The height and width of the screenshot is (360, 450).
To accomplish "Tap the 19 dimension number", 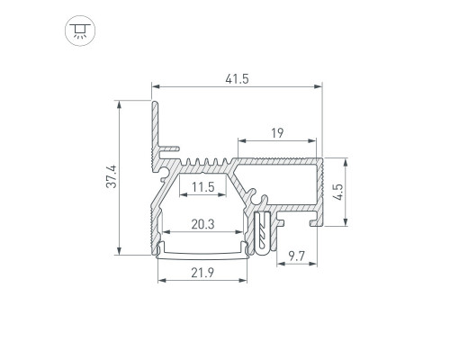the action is (x=277, y=133).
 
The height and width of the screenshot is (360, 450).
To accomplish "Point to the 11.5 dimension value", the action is (x=203, y=187).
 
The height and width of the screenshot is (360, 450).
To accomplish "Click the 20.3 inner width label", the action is (x=202, y=224).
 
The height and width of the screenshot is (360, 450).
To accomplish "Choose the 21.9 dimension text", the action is (x=202, y=273).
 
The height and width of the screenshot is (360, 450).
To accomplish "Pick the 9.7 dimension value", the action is (x=296, y=256).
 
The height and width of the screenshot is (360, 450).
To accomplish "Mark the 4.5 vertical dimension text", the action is (x=338, y=192).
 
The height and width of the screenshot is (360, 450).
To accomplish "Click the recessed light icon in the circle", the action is (x=80, y=31).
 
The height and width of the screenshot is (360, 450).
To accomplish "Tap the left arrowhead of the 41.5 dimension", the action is (x=156, y=86).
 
